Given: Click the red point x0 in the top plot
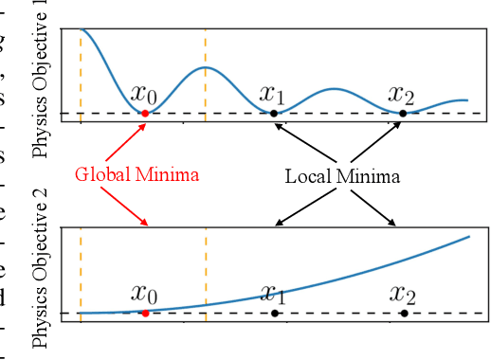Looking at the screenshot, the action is pos(144,113).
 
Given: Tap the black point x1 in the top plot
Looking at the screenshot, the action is pos(274,113).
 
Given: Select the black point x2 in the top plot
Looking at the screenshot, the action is pos(403,113).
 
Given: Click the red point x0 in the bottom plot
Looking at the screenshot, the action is pos(144,312).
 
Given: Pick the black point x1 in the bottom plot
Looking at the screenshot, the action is pos(274,312).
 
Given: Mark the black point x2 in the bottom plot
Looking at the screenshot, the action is pos(403,312).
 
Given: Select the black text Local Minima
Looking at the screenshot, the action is pos(342,176).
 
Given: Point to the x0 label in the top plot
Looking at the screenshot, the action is pos(144,94).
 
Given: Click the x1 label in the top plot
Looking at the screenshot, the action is pos(273,94).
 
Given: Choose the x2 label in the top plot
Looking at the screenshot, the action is pos(402,94).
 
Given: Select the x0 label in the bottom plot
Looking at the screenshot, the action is pos(144,294).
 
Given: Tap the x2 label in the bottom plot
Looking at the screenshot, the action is pos(402,294).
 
